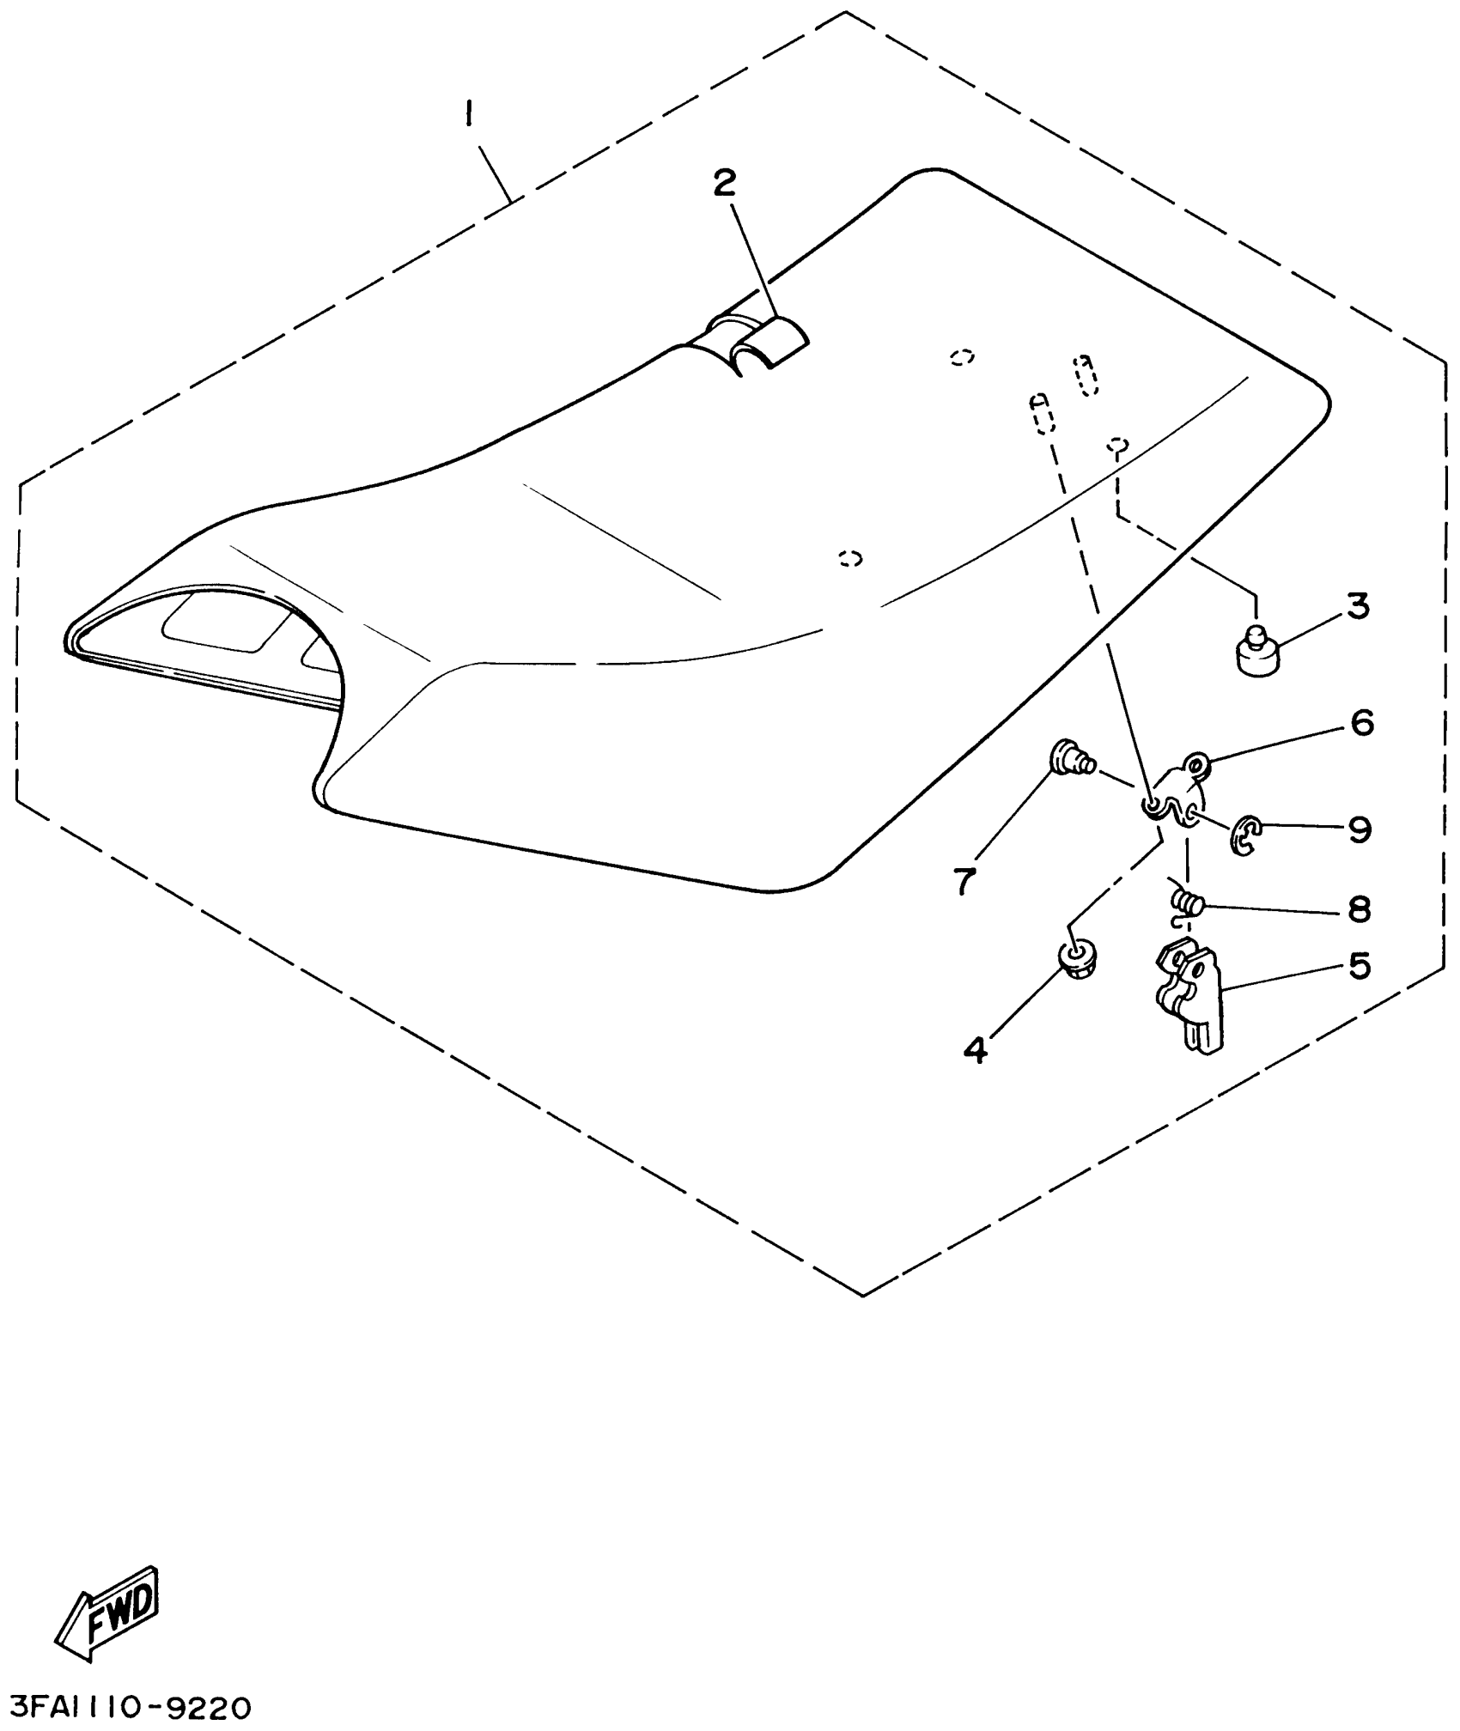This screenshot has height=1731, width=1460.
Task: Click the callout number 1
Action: click(469, 112)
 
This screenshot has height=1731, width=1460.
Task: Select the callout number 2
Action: click(726, 183)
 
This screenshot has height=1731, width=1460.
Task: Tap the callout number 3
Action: click(1357, 606)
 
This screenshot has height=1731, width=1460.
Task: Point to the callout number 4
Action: click(976, 1049)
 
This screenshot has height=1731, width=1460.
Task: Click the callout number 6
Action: click(1362, 722)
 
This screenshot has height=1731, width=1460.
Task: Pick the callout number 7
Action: click(965, 880)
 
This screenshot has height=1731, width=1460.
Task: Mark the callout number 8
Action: click(1359, 909)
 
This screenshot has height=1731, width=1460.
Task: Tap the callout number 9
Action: click(1360, 829)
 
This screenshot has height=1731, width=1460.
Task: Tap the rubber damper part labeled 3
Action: click(1254, 654)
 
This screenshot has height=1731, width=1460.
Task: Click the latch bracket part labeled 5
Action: click(1189, 996)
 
